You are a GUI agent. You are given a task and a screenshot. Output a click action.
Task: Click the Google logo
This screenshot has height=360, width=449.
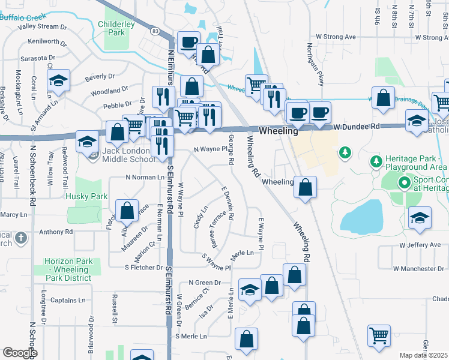click(x=20, y=352)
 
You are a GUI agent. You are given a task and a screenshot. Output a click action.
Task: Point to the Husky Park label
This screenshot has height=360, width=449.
click(x=87, y=196)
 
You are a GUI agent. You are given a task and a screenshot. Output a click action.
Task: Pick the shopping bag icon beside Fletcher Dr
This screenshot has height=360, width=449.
click(x=127, y=211)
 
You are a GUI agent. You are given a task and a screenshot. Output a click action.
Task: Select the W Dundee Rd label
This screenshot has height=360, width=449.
click(x=357, y=127)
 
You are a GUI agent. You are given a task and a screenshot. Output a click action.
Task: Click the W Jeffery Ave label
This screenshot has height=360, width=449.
click(x=423, y=245)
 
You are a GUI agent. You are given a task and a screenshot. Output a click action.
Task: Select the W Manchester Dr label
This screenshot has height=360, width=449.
click(x=421, y=268)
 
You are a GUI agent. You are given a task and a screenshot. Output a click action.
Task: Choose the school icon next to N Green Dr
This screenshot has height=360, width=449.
click(x=250, y=290)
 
